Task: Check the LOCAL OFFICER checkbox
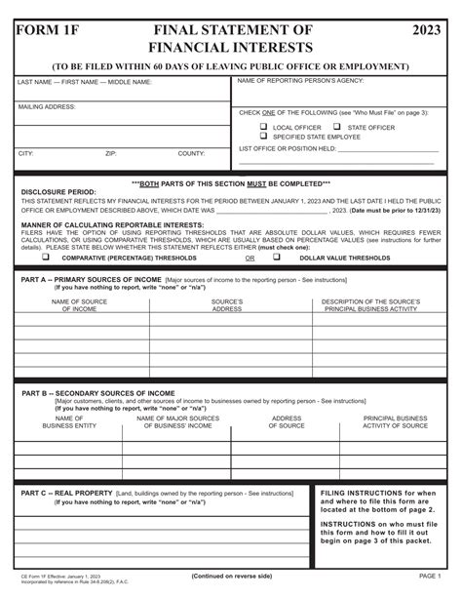264,127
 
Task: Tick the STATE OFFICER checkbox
336,127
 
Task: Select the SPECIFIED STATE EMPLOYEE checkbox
264,137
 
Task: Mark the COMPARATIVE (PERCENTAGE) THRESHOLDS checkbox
45,258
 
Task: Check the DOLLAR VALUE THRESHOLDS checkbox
276,258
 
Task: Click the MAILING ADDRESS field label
48,106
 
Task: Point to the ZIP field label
111,153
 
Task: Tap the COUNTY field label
191,153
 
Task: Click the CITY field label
26,153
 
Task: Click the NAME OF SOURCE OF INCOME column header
80,306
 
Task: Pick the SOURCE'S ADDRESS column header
227,306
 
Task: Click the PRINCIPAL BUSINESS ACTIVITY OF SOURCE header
396,421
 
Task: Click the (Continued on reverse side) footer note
232,577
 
